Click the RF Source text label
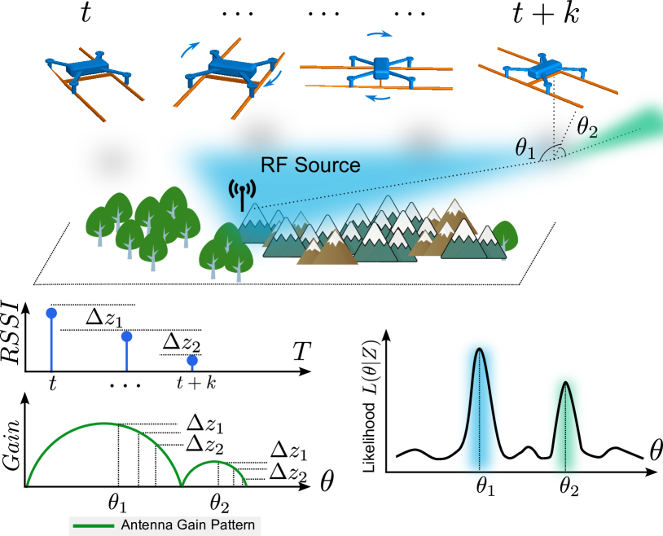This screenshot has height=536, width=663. pyautogui.click(x=310, y=165)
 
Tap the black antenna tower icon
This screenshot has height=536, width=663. pyautogui.click(x=242, y=194)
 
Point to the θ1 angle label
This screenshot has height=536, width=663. pyautogui.click(x=526, y=147)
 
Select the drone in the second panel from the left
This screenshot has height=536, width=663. pyautogui.click(x=226, y=71)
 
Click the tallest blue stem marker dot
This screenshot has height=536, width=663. pyautogui.click(x=51, y=313)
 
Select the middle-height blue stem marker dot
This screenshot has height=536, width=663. pyautogui.click(x=126, y=336)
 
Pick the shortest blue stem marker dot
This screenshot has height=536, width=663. pyautogui.click(x=192, y=360)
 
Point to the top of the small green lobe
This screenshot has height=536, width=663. pyautogui.click(x=214, y=462)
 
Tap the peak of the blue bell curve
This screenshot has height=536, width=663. pyautogui.click(x=481, y=349)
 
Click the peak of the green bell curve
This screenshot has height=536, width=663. pyautogui.click(x=566, y=383)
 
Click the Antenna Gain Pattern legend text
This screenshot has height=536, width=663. pyautogui.click(x=187, y=525)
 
